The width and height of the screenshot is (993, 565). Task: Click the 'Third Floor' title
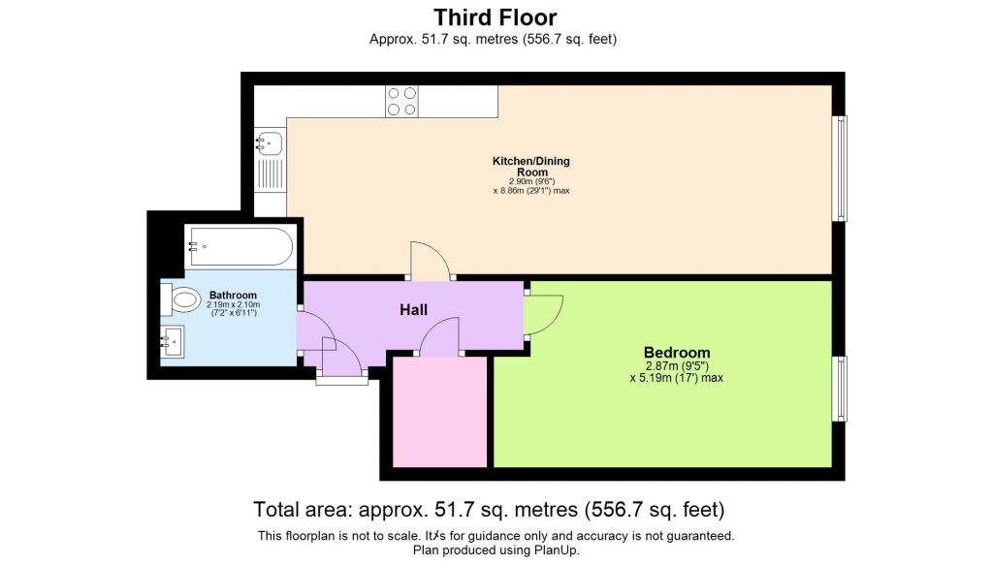point(495,16)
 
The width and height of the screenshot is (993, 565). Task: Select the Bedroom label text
point(677,352)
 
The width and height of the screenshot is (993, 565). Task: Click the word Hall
point(414,310)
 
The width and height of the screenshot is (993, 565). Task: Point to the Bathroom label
point(233,296)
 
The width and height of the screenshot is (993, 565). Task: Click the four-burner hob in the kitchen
point(402,101)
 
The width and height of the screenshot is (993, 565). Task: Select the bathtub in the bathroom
point(240,246)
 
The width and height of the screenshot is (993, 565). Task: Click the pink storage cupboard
point(439,411)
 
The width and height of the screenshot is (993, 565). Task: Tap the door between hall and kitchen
point(429,262)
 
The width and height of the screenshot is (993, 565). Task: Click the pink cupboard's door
point(441,339)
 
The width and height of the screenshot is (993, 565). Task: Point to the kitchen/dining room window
point(842,168)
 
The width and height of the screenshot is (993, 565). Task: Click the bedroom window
point(842,388)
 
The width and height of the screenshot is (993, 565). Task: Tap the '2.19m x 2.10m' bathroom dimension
point(233,305)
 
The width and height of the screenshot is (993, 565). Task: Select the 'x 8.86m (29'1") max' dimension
point(531,191)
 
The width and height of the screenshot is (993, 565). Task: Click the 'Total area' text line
point(490,509)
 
